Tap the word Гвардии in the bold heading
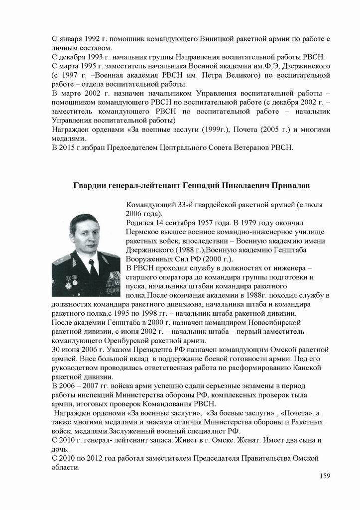[89, 185]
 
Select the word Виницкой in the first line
[218, 38]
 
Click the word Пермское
[144, 232]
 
